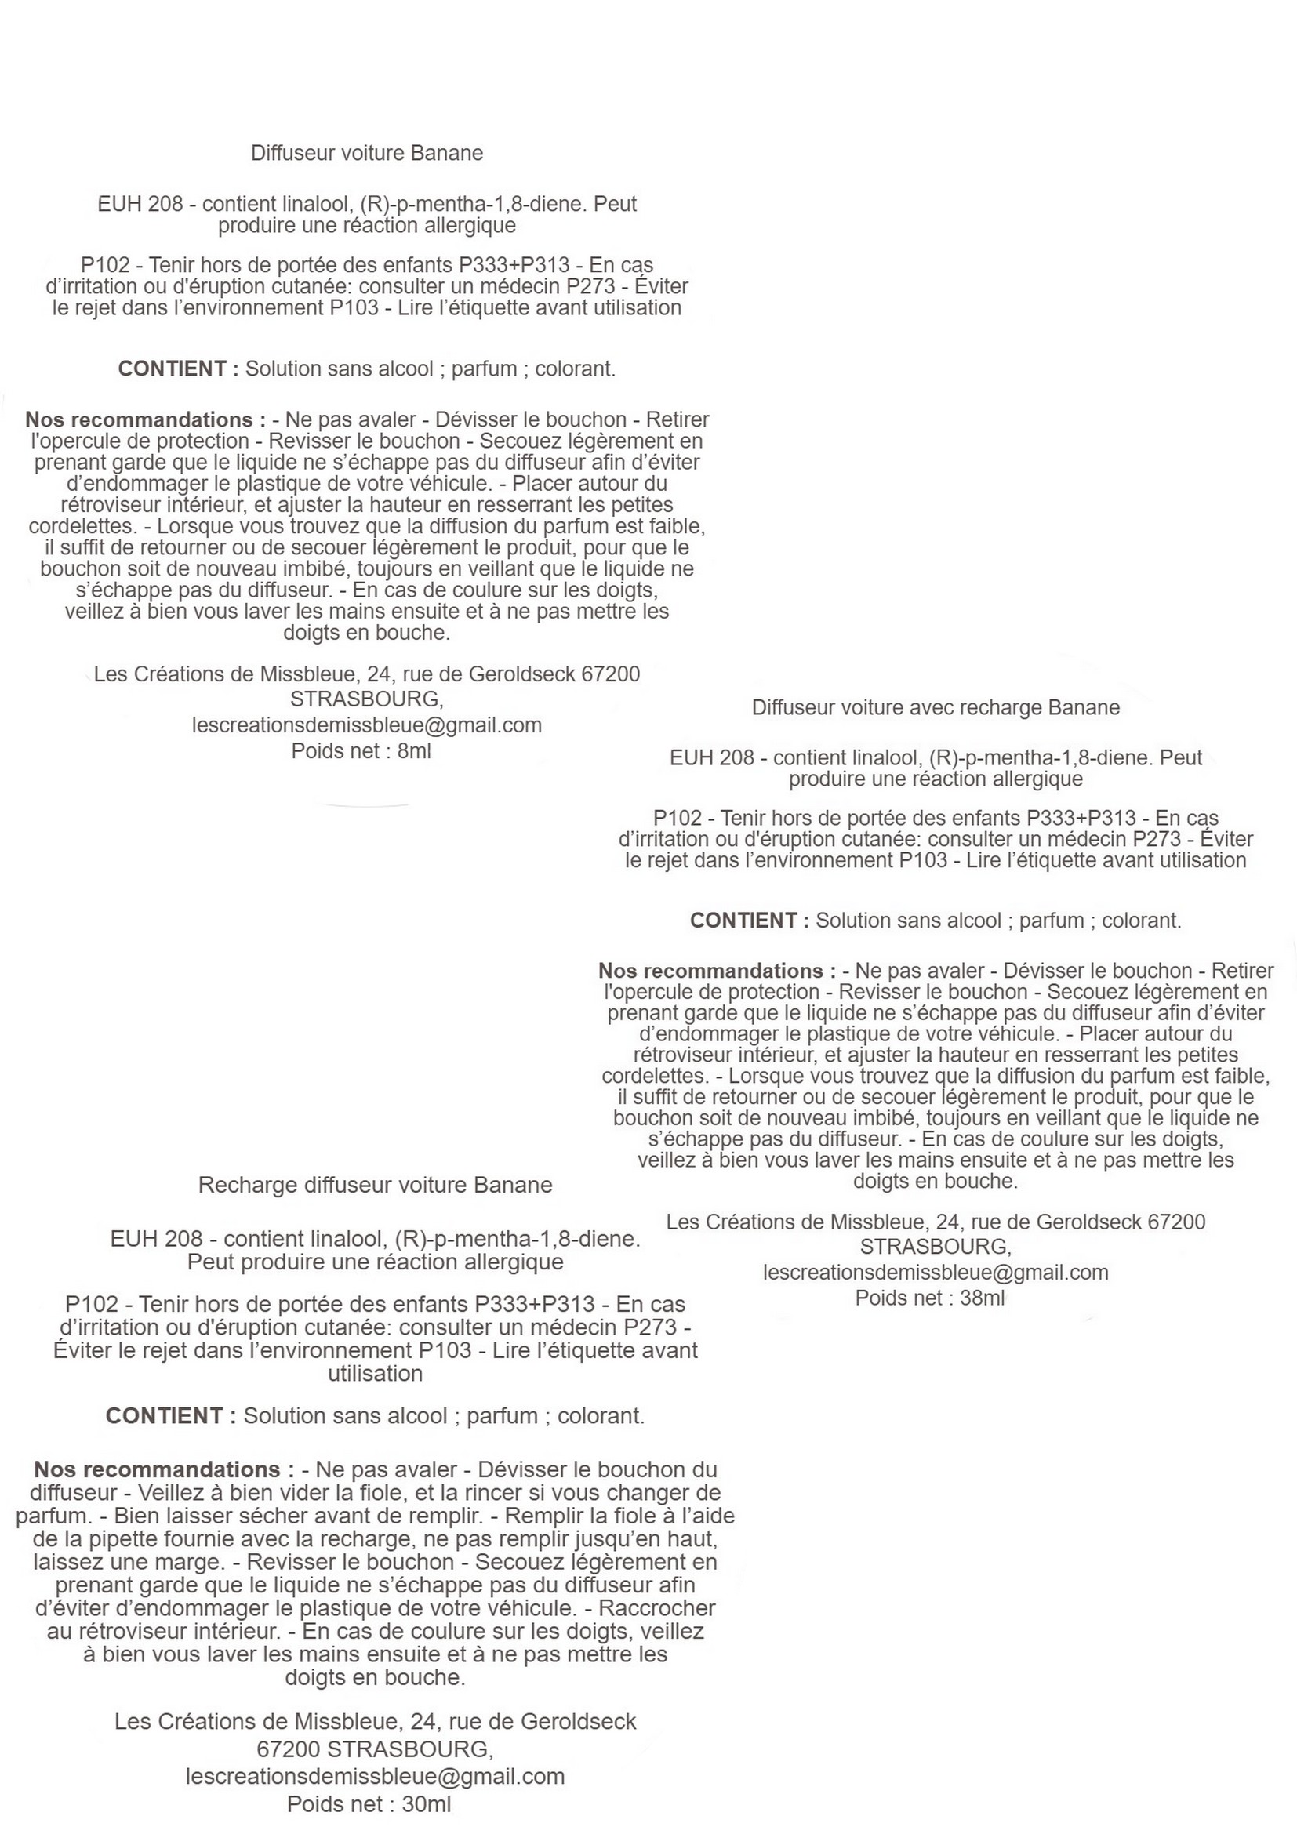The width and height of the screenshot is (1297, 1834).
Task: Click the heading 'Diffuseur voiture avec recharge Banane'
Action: tap(936, 708)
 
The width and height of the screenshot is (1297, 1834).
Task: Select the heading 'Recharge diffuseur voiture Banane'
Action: tap(375, 1185)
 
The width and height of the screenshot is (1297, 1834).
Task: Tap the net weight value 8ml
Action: tap(414, 751)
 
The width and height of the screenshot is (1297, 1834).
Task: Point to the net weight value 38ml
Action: tap(982, 1298)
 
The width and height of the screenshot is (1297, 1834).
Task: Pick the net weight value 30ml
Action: tap(426, 1804)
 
